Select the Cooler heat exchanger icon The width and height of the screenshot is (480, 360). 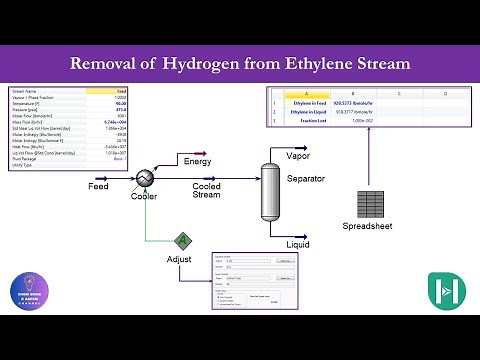click(143, 177)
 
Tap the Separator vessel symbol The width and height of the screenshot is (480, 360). click(269, 190)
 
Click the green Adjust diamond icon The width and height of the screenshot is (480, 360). click(183, 240)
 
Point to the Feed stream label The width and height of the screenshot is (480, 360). click(98, 187)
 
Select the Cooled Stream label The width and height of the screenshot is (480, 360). click(206, 190)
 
